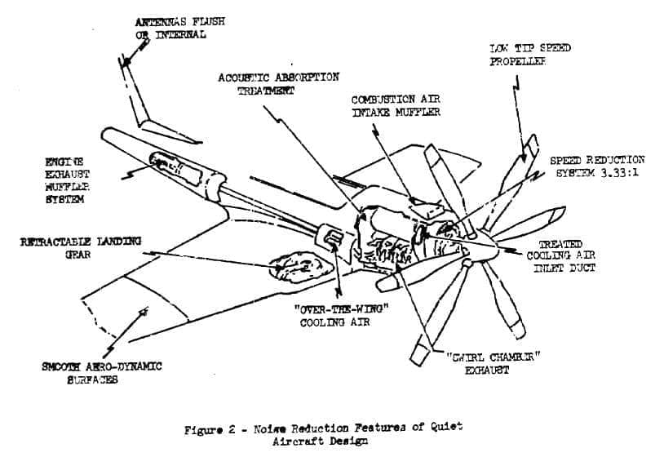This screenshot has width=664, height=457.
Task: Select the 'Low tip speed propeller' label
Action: pyautogui.click(x=529, y=55)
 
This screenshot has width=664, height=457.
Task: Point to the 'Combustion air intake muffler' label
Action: pyautogui.click(x=396, y=105)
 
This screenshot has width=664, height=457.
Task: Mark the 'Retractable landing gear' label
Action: pyautogui.click(x=81, y=247)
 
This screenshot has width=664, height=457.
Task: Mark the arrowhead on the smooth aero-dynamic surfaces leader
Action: pyautogui.click(x=144, y=312)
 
